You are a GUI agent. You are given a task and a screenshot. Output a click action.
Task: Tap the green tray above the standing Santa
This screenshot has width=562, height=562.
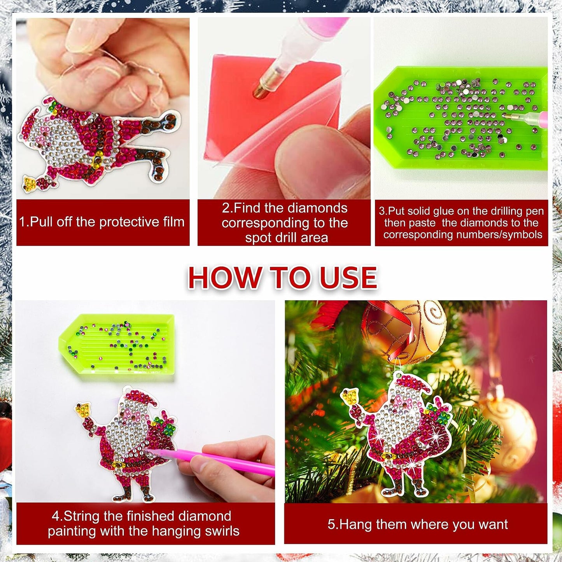point(117,347)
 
